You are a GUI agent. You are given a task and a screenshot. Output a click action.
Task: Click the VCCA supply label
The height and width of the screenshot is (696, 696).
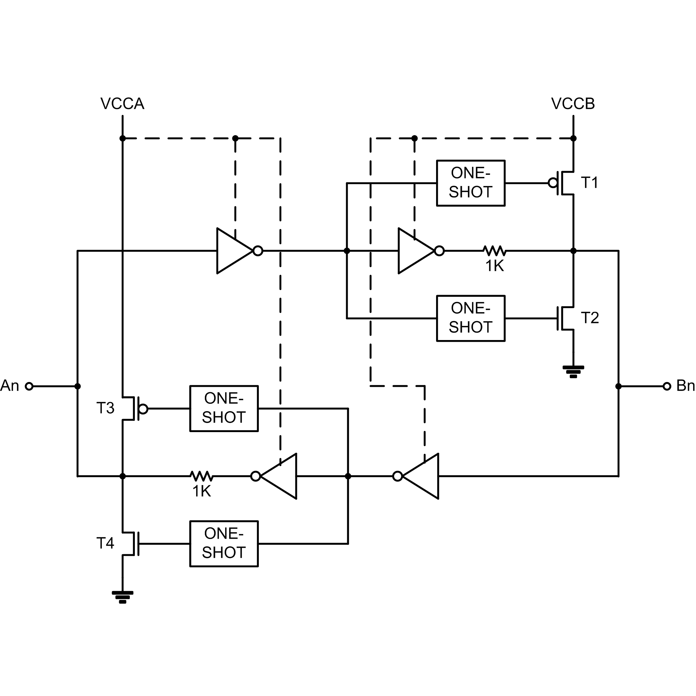[122, 104]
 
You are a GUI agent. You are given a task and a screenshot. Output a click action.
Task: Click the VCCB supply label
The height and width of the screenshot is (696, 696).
[573, 104]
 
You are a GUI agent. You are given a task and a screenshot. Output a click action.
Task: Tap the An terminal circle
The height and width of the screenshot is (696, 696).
[29, 386]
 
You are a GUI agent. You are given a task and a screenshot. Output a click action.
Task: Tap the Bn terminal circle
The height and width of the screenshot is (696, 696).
[667, 386]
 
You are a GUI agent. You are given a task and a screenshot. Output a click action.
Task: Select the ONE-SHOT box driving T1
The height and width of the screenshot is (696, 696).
[471, 183]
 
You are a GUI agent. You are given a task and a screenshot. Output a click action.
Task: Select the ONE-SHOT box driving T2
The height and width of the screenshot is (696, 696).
[471, 318]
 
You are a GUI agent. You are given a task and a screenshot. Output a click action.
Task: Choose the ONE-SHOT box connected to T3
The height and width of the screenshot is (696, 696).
[224, 409]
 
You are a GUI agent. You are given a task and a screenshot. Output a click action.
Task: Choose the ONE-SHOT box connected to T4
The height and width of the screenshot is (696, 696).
[224, 544]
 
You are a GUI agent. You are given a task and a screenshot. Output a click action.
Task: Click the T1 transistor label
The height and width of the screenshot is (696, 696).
[589, 183]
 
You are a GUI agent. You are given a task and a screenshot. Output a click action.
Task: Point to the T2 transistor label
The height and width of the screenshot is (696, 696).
[589, 318]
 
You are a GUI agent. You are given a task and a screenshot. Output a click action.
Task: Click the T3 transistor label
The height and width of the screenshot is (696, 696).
[105, 408]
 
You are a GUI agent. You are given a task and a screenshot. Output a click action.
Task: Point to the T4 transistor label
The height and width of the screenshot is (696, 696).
[105, 543]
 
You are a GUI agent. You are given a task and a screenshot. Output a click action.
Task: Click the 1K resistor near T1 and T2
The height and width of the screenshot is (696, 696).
[494, 251]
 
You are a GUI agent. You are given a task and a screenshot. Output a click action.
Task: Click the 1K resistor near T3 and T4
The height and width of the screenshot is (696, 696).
[202, 476]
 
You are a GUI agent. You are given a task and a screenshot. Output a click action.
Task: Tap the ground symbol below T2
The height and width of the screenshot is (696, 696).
[573, 372]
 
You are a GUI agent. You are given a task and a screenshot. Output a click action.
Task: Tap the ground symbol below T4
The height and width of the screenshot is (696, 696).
[123, 597]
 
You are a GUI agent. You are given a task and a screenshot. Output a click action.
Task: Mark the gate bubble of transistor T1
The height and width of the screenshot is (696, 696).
[553, 183]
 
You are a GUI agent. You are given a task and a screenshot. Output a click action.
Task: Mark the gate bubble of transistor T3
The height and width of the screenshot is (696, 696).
[143, 409]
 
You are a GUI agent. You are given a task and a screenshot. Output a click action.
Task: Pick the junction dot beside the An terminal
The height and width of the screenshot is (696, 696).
[77, 386]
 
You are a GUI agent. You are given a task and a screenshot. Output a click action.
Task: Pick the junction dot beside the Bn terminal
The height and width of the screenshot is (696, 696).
[618, 386]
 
